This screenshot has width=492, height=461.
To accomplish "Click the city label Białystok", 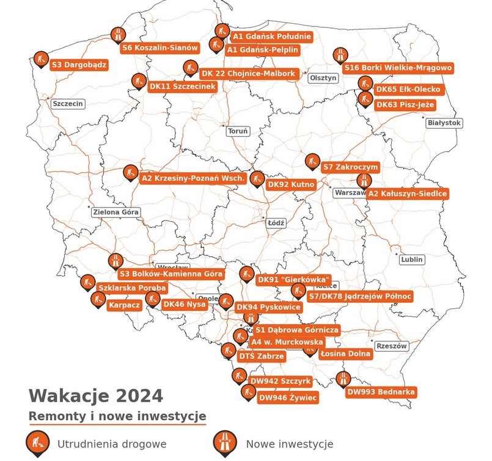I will (444, 123).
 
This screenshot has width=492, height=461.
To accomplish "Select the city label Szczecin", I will (67, 104).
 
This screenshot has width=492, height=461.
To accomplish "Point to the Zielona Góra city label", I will (116, 212).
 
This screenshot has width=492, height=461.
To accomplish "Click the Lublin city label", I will (412, 260).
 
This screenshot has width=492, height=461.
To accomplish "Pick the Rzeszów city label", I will (392, 346).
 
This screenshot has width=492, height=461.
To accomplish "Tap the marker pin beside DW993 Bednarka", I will (343, 379).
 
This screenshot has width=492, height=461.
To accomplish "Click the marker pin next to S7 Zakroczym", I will (312, 162).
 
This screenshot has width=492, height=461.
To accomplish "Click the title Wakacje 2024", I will (96, 396).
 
